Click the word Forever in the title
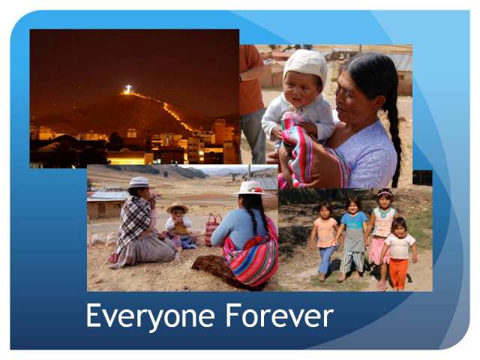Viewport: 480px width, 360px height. tap(280, 315)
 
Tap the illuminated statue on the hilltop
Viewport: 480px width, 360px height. tap(128, 88)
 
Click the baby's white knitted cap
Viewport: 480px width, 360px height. tap(305, 66)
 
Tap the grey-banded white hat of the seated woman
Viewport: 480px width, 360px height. tap(139, 182)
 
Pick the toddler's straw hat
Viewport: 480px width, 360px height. tap(177, 208)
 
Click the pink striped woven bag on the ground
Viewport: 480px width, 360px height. tap(212, 229)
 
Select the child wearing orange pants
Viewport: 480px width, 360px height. tap(399, 254)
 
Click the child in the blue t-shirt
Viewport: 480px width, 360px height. tap(352, 238)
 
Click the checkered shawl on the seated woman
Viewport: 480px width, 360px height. tap(133, 219)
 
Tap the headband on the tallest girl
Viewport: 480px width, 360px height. tap(385, 193)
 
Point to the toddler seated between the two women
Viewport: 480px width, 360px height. tap(178, 226)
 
